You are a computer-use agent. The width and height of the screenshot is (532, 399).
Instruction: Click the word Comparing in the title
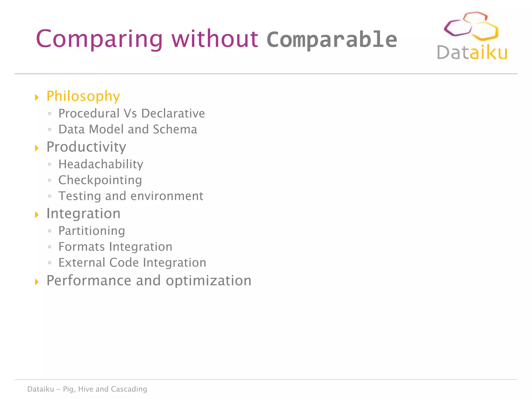[x=99, y=39]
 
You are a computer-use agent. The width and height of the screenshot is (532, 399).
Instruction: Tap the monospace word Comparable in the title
[x=332, y=39]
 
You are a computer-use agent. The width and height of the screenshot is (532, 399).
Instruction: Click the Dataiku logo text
[x=472, y=52]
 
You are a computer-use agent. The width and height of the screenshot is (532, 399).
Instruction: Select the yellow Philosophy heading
[x=83, y=96]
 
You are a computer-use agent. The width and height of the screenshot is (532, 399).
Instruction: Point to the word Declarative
[x=173, y=114]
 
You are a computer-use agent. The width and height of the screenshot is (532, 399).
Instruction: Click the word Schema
[x=175, y=129]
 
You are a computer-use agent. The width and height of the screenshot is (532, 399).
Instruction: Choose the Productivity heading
[x=86, y=147]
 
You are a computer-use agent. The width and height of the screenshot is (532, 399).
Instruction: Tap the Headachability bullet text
[x=101, y=164]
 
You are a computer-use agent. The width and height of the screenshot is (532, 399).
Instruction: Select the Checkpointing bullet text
[x=100, y=180]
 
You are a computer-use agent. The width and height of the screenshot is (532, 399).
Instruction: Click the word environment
[x=167, y=196]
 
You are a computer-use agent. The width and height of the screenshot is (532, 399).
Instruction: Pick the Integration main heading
[x=83, y=214]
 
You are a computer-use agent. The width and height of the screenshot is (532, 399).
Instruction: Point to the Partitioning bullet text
[x=92, y=231]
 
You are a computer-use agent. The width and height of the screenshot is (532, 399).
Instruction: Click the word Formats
[x=81, y=247]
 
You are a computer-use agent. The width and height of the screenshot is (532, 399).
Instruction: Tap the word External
[x=82, y=263]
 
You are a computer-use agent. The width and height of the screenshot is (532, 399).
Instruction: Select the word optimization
[x=208, y=281]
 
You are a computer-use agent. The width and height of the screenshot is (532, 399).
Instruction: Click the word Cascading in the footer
[x=129, y=389]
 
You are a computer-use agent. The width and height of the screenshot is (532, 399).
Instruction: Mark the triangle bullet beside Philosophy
[x=37, y=97]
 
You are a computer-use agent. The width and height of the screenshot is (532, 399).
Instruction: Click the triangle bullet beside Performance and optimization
[x=37, y=282]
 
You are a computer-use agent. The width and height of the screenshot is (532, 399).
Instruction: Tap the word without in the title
[x=215, y=39]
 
